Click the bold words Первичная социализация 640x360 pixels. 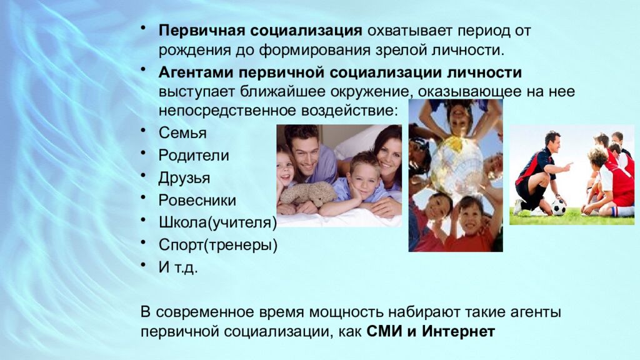coord(260,31)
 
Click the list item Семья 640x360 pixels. coord(182,133)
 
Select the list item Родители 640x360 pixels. coord(193,156)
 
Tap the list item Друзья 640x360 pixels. coord(184,178)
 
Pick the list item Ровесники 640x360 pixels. coord(197,201)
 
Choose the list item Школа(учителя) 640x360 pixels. coord(217,222)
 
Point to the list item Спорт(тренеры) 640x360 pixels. coord(217,245)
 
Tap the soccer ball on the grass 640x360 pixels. coord(558,207)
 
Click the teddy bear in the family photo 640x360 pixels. coord(307,193)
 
